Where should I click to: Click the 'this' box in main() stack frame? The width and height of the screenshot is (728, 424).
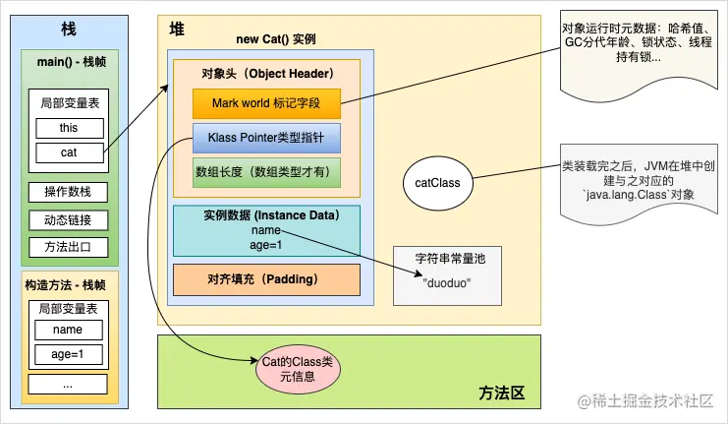pos(69,128)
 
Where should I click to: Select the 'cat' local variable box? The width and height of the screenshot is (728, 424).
pos(69,152)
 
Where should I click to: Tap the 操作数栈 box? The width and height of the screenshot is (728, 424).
pos(69,192)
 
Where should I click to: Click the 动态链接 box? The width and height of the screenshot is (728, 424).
pos(69,219)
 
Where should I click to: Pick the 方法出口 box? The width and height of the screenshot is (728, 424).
pos(69,247)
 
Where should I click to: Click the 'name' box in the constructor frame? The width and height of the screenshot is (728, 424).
pos(69,330)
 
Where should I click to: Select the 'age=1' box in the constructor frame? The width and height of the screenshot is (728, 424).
pos(69,354)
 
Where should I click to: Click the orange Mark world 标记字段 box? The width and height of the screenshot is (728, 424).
pos(266,102)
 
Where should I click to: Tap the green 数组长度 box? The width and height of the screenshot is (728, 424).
pos(266,172)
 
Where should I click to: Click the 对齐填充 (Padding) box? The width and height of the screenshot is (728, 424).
pos(266,278)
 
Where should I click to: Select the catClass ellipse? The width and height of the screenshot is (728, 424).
pos(437,182)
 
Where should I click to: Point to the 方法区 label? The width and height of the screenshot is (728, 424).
pos(502,393)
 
